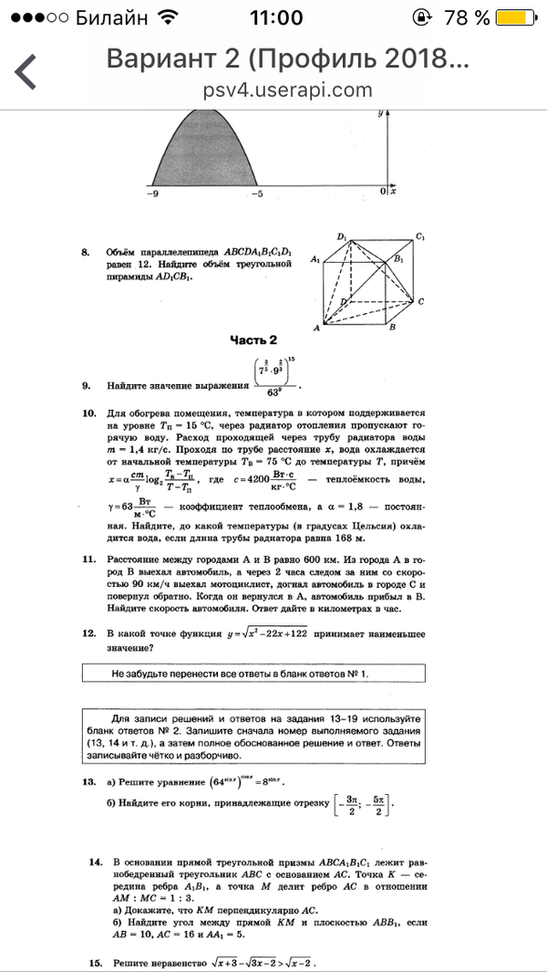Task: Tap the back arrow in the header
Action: tap(26, 71)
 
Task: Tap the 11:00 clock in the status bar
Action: tap(274, 17)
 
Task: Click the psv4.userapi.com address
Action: tap(288, 89)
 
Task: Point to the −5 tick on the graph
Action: tap(259, 193)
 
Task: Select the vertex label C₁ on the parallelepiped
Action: tap(420, 237)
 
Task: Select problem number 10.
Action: tap(88, 413)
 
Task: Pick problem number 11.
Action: tap(88, 559)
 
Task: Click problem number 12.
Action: tap(88, 632)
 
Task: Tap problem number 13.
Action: tap(88, 782)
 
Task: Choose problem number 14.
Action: tap(94, 862)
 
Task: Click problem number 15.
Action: tap(94, 963)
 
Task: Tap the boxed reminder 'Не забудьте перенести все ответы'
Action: tap(240, 674)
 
